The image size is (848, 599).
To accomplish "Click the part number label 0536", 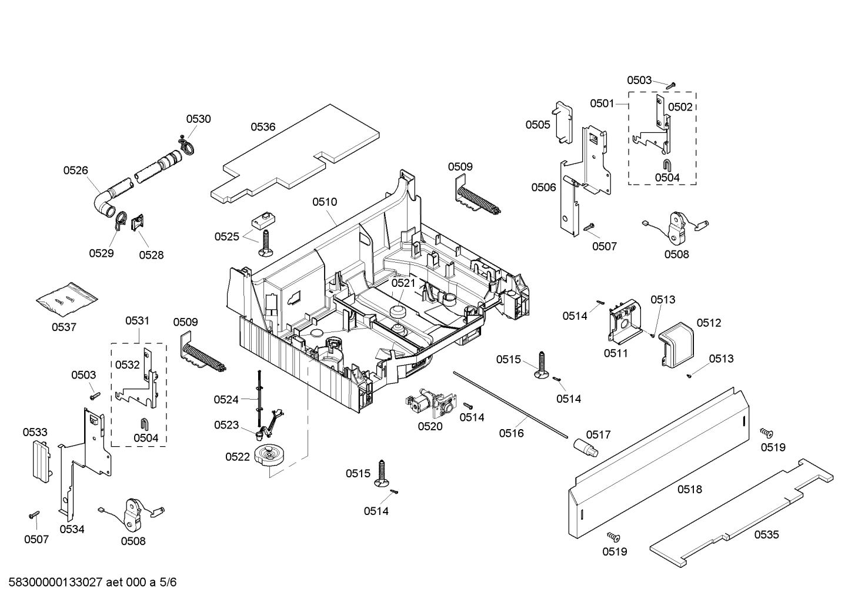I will point(263,126).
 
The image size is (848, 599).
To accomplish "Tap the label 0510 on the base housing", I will point(325,202).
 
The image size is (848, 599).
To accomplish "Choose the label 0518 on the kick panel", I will point(689,489).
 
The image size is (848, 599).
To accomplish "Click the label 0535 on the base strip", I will point(766,534).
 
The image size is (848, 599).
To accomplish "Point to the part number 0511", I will point(616,353).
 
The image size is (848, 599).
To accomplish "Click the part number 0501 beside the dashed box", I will point(602,103).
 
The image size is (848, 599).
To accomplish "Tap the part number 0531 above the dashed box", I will point(137,320).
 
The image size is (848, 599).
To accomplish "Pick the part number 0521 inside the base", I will point(403,283).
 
